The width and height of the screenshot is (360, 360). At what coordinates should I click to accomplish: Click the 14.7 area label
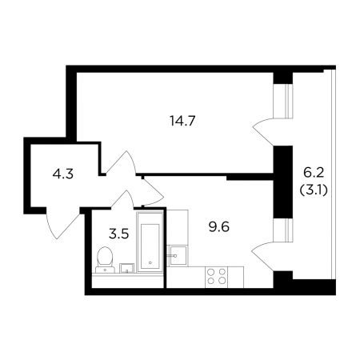tap(182, 122)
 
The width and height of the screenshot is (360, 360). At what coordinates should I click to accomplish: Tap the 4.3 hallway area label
tap(63, 174)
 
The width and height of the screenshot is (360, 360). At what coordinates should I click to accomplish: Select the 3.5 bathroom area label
tap(119, 234)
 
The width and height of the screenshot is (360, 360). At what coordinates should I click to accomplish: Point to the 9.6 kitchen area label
tap(219, 227)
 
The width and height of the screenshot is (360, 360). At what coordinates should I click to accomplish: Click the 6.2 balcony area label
tap(314, 173)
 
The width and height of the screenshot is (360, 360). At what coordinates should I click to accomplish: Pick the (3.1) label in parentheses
tap(314, 190)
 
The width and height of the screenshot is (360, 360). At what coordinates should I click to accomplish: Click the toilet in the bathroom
tap(105, 259)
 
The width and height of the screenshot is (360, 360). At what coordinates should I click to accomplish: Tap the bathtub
tap(150, 242)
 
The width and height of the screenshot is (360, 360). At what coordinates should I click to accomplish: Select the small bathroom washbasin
tap(127, 268)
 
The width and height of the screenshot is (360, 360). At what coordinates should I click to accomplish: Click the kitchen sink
tap(178, 256)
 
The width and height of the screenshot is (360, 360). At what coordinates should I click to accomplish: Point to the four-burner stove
tap(217, 277)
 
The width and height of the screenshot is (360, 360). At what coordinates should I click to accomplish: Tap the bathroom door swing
tap(122, 199)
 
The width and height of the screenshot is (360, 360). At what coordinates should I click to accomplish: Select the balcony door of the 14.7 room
tap(263, 132)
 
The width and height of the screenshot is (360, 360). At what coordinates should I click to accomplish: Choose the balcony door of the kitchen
tap(263, 257)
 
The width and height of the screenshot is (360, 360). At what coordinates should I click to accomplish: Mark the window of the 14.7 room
tap(283, 101)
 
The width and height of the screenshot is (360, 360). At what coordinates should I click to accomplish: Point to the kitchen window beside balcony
tap(283, 230)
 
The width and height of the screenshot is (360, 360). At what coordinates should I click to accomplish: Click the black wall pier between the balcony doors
tap(283, 182)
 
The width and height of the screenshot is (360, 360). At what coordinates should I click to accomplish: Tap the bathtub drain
tap(150, 262)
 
